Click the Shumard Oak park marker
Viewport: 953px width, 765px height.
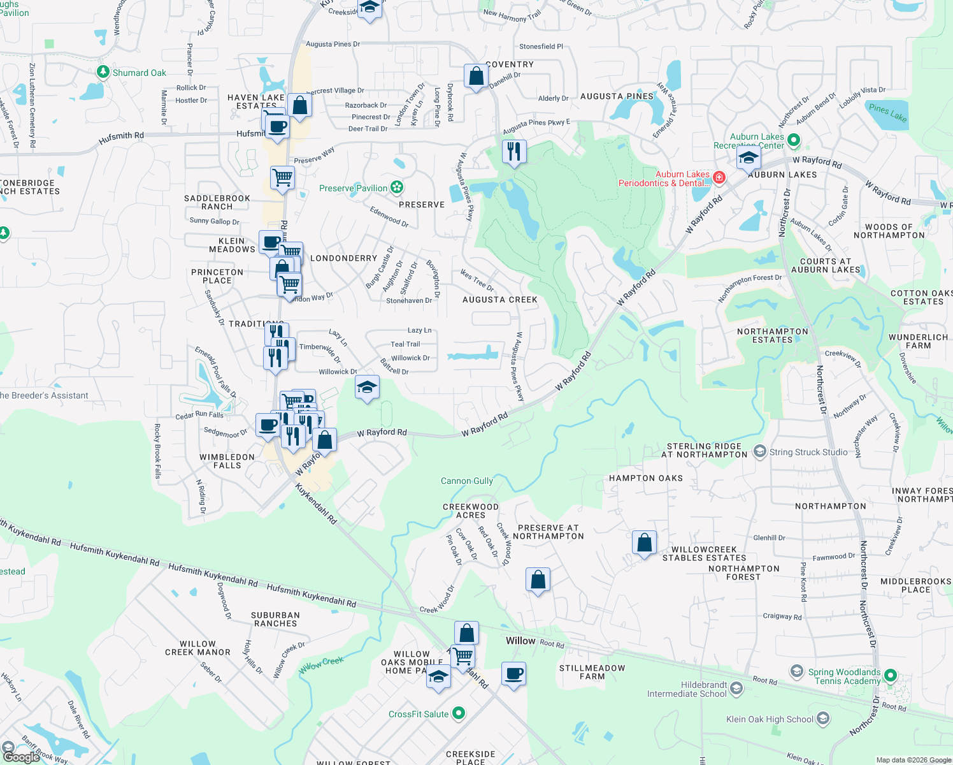pyautogui.click(x=103, y=72)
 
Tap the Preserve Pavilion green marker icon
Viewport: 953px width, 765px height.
pyautogui.click(x=397, y=187)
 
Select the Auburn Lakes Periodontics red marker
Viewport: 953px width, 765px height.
pyautogui.click(x=719, y=177)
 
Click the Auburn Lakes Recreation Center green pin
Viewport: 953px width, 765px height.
pyautogui.click(x=793, y=140)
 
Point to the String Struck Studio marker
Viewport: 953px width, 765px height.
pyautogui.click(x=759, y=452)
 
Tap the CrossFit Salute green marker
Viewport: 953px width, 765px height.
pyautogui.click(x=459, y=713)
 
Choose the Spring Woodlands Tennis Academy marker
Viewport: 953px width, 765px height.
pyautogui.click(x=891, y=675)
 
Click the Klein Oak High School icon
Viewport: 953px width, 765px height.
pyautogui.click(x=822, y=719)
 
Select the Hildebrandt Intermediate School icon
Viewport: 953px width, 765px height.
pyautogui.click(x=736, y=688)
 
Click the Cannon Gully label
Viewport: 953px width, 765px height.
pyautogui.click(x=466, y=481)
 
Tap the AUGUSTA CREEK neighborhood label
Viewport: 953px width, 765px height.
pyautogui.click(x=499, y=300)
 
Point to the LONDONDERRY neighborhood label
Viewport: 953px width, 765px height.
pyautogui.click(x=343, y=258)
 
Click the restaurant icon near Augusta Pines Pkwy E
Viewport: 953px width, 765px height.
pyautogui.click(x=513, y=152)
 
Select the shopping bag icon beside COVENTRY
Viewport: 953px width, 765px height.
pyautogui.click(x=476, y=76)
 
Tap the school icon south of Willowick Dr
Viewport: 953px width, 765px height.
pyautogui.click(x=367, y=387)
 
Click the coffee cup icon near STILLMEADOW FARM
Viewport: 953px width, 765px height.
pyautogui.click(x=513, y=674)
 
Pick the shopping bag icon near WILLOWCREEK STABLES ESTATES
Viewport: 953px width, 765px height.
pyautogui.click(x=644, y=543)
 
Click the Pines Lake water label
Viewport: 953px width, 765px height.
pyautogui.click(x=887, y=112)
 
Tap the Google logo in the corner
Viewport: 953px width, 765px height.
pyautogui.click(x=21, y=757)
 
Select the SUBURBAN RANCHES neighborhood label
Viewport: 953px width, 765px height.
pyautogui.click(x=275, y=619)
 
